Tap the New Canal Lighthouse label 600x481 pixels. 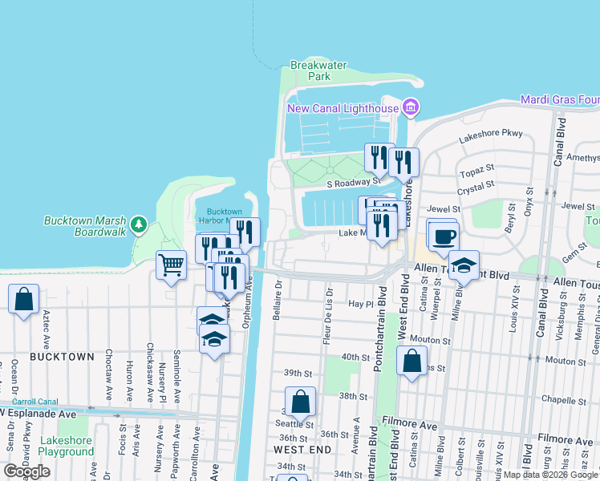tap(343, 108)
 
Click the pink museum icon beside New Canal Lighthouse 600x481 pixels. tap(411, 107)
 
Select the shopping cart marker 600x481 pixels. tap(171, 265)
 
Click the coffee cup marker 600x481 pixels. tap(443, 236)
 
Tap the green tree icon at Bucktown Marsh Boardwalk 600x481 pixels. tap(139, 224)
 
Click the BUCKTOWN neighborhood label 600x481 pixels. tap(62, 356)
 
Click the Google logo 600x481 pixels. tap(26, 471)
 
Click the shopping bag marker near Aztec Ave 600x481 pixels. tap(24, 300)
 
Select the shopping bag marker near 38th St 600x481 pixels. tap(300, 402)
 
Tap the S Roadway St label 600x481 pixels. tap(351, 183)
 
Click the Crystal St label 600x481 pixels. tap(475, 187)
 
